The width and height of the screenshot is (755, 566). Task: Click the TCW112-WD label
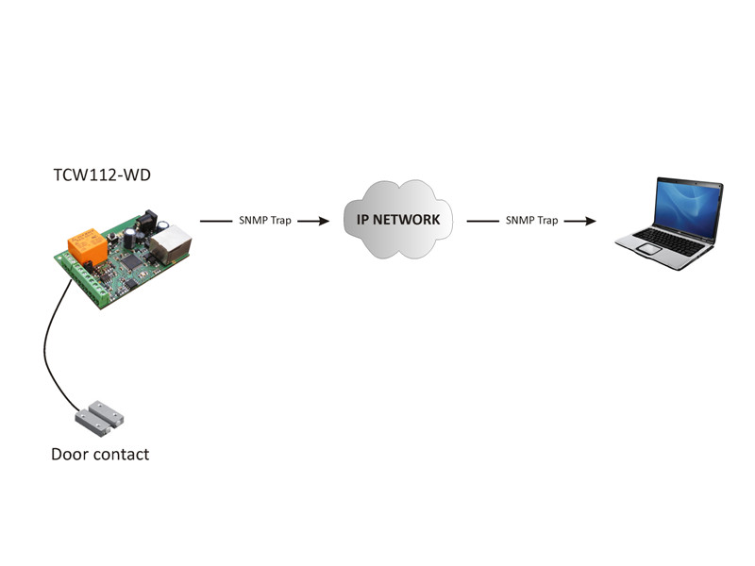[x=102, y=175]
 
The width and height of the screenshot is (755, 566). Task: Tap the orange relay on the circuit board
[x=87, y=245]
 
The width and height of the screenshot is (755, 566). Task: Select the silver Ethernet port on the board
[x=171, y=243]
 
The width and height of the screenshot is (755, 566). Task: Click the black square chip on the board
[x=130, y=261]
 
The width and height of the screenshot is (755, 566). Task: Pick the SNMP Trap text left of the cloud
[x=265, y=221]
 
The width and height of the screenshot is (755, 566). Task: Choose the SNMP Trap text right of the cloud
[x=531, y=221]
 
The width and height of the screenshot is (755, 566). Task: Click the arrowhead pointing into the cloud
[x=324, y=221]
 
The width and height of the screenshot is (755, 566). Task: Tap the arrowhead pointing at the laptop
[x=591, y=221]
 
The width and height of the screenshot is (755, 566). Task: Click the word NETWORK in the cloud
[x=407, y=220]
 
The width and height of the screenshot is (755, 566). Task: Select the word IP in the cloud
[x=362, y=220]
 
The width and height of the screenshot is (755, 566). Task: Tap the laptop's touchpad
[x=647, y=249]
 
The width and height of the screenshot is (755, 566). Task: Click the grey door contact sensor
[x=99, y=418]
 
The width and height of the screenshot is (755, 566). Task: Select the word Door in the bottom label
[x=70, y=455]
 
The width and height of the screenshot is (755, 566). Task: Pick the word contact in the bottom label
[x=122, y=455]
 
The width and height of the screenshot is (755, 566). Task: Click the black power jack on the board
[x=146, y=223]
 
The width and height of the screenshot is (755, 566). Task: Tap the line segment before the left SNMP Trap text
[x=216, y=221]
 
